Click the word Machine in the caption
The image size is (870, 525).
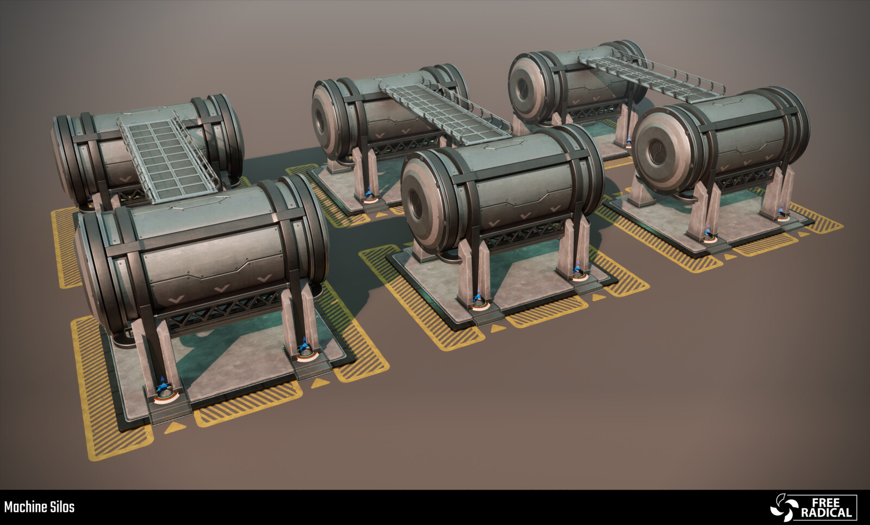coord(26,507)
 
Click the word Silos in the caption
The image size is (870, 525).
coord(63,507)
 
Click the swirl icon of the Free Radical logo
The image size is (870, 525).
coord(784,508)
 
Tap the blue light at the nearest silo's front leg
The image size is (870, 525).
coord(164,384)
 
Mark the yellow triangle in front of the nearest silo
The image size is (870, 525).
coord(175,428)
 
